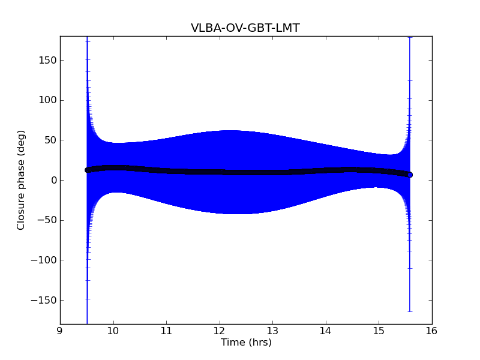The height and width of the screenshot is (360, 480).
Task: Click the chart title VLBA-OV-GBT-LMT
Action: coord(245,28)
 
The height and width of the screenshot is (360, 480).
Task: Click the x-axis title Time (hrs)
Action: coord(246,343)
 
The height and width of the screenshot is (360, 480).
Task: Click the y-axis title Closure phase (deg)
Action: coord(21,180)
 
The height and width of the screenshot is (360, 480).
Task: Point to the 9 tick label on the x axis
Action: coord(60,331)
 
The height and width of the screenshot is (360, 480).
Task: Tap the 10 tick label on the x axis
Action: coord(113,331)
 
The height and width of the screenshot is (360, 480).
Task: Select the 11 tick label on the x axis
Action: coord(166,331)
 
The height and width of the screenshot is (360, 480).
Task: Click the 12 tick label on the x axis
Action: coord(220,331)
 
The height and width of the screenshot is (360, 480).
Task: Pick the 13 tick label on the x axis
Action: coord(272,331)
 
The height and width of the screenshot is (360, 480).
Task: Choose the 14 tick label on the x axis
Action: coord(326,331)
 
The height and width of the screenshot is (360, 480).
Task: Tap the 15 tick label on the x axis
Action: coord(379,331)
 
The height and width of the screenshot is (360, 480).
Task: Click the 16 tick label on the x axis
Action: coord(432,331)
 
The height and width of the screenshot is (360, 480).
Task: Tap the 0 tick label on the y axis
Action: coord(53,180)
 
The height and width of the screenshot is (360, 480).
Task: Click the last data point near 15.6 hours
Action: coord(410,175)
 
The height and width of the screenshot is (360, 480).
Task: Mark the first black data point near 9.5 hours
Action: coord(87,170)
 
